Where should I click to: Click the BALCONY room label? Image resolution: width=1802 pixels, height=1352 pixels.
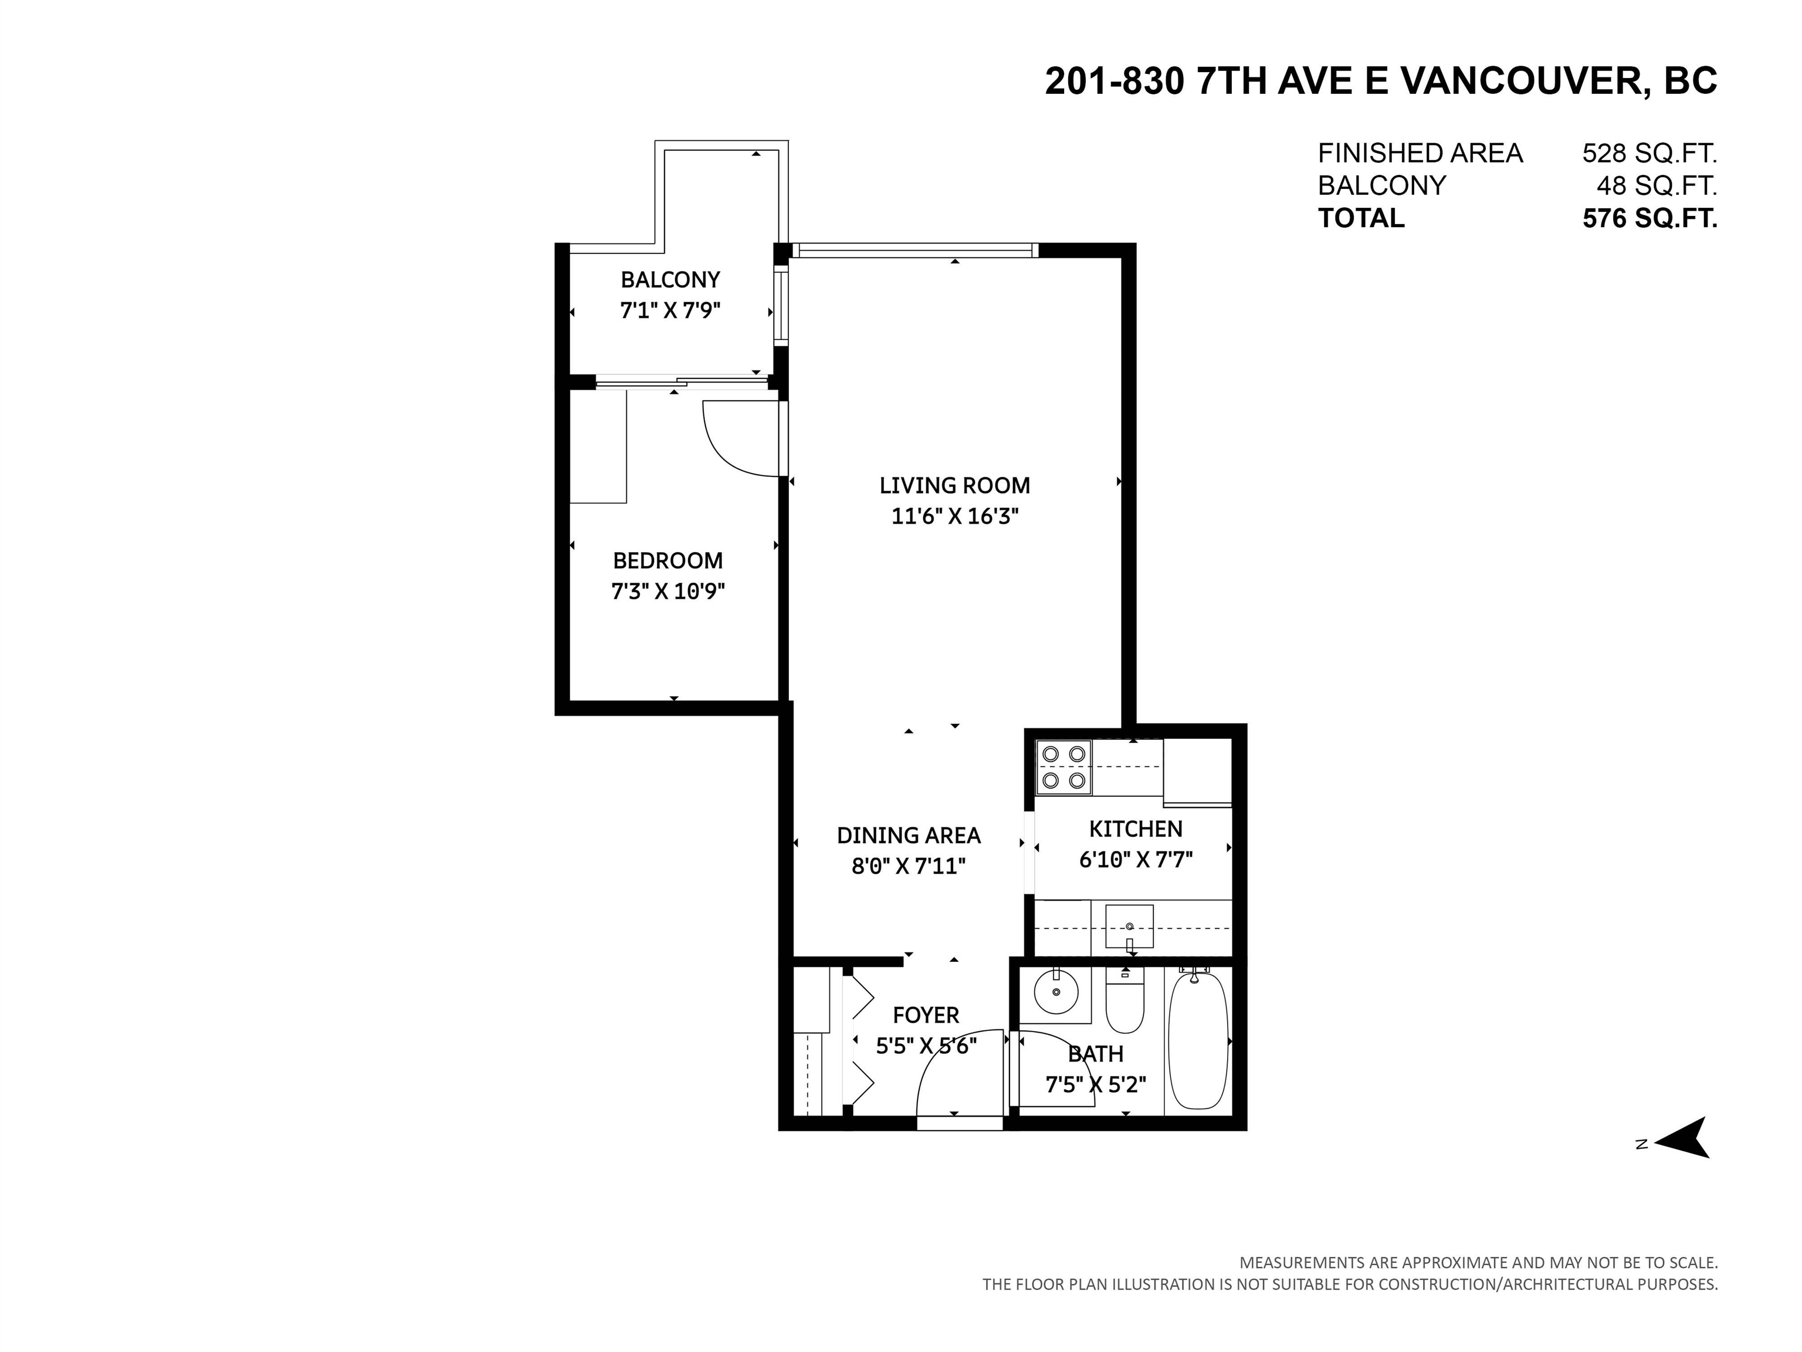(x=670, y=279)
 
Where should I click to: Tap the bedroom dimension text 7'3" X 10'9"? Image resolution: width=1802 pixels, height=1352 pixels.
(x=668, y=591)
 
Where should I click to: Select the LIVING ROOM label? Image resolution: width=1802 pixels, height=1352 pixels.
(x=955, y=486)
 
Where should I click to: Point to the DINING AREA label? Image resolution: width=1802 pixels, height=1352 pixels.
(x=908, y=836)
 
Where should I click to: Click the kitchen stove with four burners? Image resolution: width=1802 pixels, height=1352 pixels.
(x=1063, y=767)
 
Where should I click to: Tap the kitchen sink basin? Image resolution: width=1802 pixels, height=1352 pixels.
(x=1129, y=926)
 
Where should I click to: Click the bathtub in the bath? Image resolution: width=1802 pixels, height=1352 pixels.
(x=1198, y=1040)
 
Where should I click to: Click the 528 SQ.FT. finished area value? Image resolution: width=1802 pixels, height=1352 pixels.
(x=1649, y=153)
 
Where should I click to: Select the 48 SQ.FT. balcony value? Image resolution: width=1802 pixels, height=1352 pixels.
(x=1656, y=186)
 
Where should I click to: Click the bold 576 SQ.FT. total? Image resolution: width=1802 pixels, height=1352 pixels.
(x=1649, y=218)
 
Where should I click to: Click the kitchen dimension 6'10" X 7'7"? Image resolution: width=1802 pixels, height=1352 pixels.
(x=1136, y=860)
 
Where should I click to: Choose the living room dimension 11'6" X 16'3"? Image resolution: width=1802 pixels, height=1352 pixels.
(x=955, y=516)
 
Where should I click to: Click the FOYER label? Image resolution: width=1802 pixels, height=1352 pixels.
(x=926, y=1015)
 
